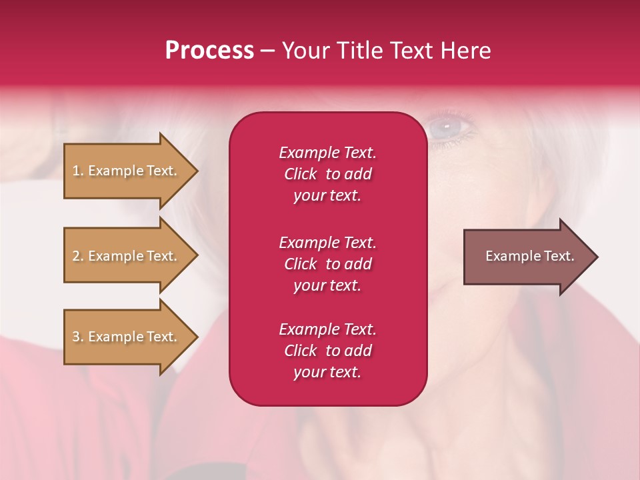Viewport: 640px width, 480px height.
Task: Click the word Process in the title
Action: coord(209,51)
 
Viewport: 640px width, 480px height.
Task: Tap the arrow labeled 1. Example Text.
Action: coord(127,171)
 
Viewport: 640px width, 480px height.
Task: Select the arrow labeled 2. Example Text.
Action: coord(127,256)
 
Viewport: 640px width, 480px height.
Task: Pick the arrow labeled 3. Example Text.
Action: coord(127,337)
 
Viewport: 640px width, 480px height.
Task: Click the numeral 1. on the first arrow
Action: coord(78,171)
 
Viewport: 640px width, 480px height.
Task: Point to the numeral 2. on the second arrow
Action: coord(78,256)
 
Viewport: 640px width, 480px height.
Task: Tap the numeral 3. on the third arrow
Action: coord(78,337)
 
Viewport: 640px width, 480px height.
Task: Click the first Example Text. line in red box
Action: coord(327,153)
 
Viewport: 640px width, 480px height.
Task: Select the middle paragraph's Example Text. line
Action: coord(327,243)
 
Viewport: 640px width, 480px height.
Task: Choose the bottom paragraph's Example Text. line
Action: coord(327,329)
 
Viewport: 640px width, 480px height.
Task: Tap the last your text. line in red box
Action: coord(327,372)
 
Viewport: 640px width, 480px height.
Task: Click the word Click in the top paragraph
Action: coord(300,174)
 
